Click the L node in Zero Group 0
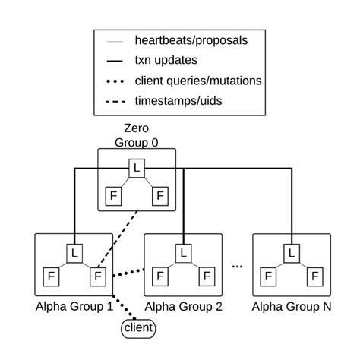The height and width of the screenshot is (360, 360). pyautogui.click(x=136, y=166)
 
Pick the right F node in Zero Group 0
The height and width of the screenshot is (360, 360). pyautogui.click(x=159, y=194)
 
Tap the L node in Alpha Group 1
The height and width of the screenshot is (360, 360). pyautogui.click(x=74, y=251)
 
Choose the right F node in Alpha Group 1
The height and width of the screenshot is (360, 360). pyautogui.click(x=96, y=276)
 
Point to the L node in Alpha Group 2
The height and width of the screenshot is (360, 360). pyautogui.click(x=182, y=251)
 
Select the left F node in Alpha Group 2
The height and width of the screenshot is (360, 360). pyautogui.click(x=159, y=276)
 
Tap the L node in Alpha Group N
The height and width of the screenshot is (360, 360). pyautogui.click(x=292, y=251)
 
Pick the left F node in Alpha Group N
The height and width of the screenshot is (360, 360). pyautogui.click(x=269, y=276)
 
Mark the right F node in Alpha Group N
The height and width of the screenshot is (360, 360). pyautogui.click(x=314, y=276)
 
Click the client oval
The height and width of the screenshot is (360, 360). pyautogui.click(x=137, y=329)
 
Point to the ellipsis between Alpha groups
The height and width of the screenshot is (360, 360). pyautogui.click(x=237, y=266)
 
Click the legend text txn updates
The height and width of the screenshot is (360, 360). pyautogui.click(x=163, y=58)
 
